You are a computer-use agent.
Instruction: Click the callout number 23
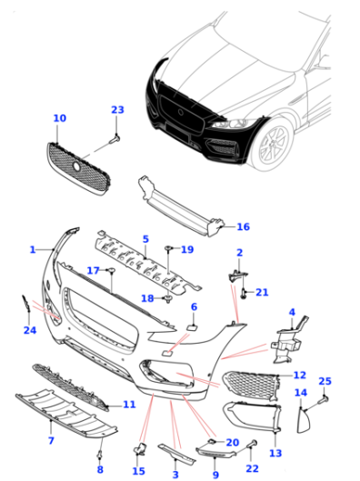[x=117, y=109]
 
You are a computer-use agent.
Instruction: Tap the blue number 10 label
[x=59, y=118]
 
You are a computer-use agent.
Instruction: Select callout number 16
[x=243, y=226]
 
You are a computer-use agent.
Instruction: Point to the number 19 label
[x=187, y=249]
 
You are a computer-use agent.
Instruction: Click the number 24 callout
[x=30, y=330]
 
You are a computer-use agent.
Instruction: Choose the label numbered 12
[x=300, y=375]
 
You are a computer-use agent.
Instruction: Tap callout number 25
[x=325, y=381]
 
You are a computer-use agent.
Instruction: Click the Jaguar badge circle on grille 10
[x=76, y=166]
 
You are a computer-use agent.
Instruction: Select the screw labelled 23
[x=115, y=139]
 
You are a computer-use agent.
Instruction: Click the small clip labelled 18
[x=168, y=299]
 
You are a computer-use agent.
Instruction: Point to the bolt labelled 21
[x=244, y=294]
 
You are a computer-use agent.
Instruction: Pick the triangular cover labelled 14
[x=304, y=420]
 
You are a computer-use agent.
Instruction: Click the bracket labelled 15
[x=140, y=449]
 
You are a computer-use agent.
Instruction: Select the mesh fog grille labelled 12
[x=252, y=386]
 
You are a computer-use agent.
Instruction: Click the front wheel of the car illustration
[x=273, y=146]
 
